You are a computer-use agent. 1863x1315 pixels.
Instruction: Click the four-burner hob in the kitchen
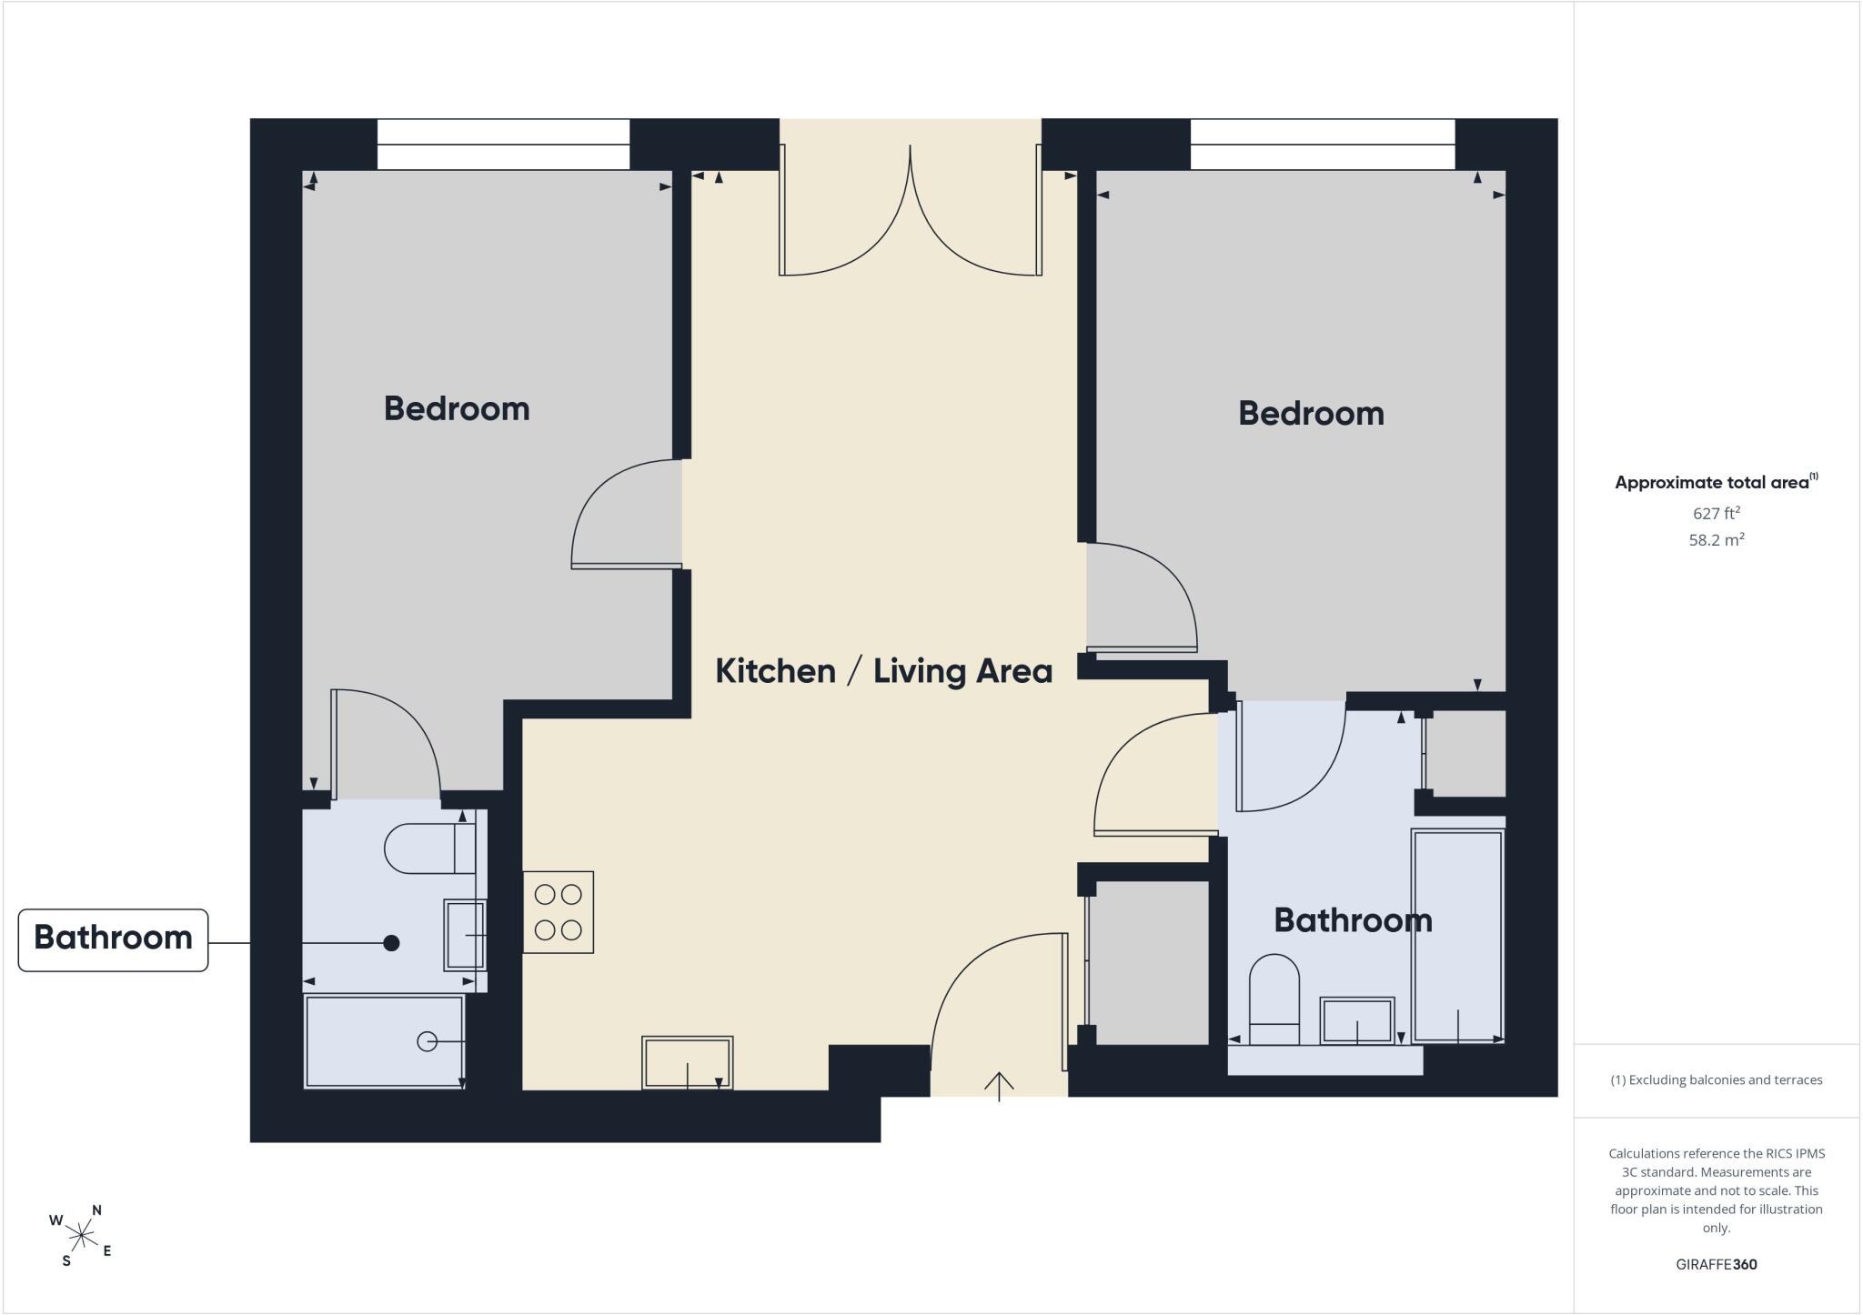pyautogui.click(x=558, y=912)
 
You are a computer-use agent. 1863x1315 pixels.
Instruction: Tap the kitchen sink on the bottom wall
pyautogui.click(x=688, y=1062)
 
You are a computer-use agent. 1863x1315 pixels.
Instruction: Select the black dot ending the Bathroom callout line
pyautogui.click(x=391, y=943)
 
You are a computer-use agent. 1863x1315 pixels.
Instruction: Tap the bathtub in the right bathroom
pyautogui.click(x=1457, y=936)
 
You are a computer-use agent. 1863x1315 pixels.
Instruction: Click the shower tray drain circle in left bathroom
pyautogui.click(x=427, y=1041)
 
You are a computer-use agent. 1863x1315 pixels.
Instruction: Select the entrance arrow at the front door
pyautogui.click(x=999, y=1086)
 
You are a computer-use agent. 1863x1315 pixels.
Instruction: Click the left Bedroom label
pyautogui.click(x=457, y=408)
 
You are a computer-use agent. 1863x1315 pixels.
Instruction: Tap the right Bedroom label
pyautogui.click(x=1311, y=414)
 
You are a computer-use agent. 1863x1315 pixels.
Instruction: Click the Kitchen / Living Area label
pyautogui.click(x=883, y=671)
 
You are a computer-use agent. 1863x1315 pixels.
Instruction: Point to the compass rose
pyautogui.click(x=81, y=1235)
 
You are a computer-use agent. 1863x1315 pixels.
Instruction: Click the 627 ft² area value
pyautogui.click(x=1717, y=513)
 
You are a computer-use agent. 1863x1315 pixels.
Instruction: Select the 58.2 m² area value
pyautogui.click(x=1717, y=539)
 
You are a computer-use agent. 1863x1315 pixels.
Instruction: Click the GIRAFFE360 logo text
pyautogui.click(x=1717, y=1264)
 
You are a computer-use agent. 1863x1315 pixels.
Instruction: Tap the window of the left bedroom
pyautogui.click(x=503, y=145)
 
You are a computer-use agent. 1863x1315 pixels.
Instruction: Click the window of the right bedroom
pyautogui.click(x=1323, y=145)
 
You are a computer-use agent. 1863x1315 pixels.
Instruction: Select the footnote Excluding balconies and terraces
pyautogui.click(x=1717, y=1080)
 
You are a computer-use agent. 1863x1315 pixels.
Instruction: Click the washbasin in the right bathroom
pyautogui.click(x=1357, y=1020)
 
